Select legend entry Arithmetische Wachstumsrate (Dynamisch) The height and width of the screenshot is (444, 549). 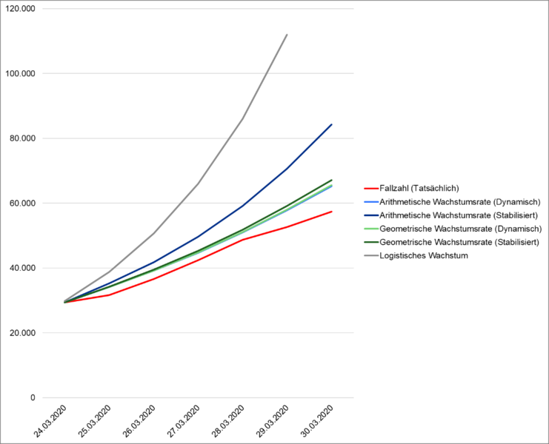(459, 201)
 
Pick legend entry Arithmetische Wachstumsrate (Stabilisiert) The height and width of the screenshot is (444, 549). (459, 215)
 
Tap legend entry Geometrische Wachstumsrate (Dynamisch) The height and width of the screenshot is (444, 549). (459, 229)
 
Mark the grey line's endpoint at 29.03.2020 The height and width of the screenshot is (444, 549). (287, 34)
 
